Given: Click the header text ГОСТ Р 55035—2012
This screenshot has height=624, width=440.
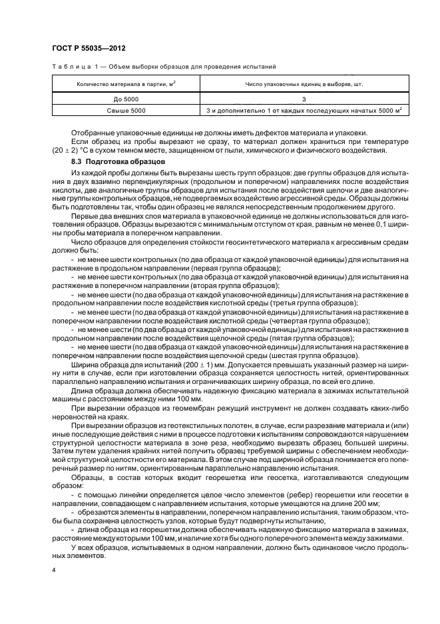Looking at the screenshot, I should [x=89, y=49].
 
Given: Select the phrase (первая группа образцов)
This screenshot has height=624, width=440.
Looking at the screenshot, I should [x=226, y=267].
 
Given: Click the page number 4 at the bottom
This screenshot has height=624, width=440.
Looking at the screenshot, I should [x=53, y=571].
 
